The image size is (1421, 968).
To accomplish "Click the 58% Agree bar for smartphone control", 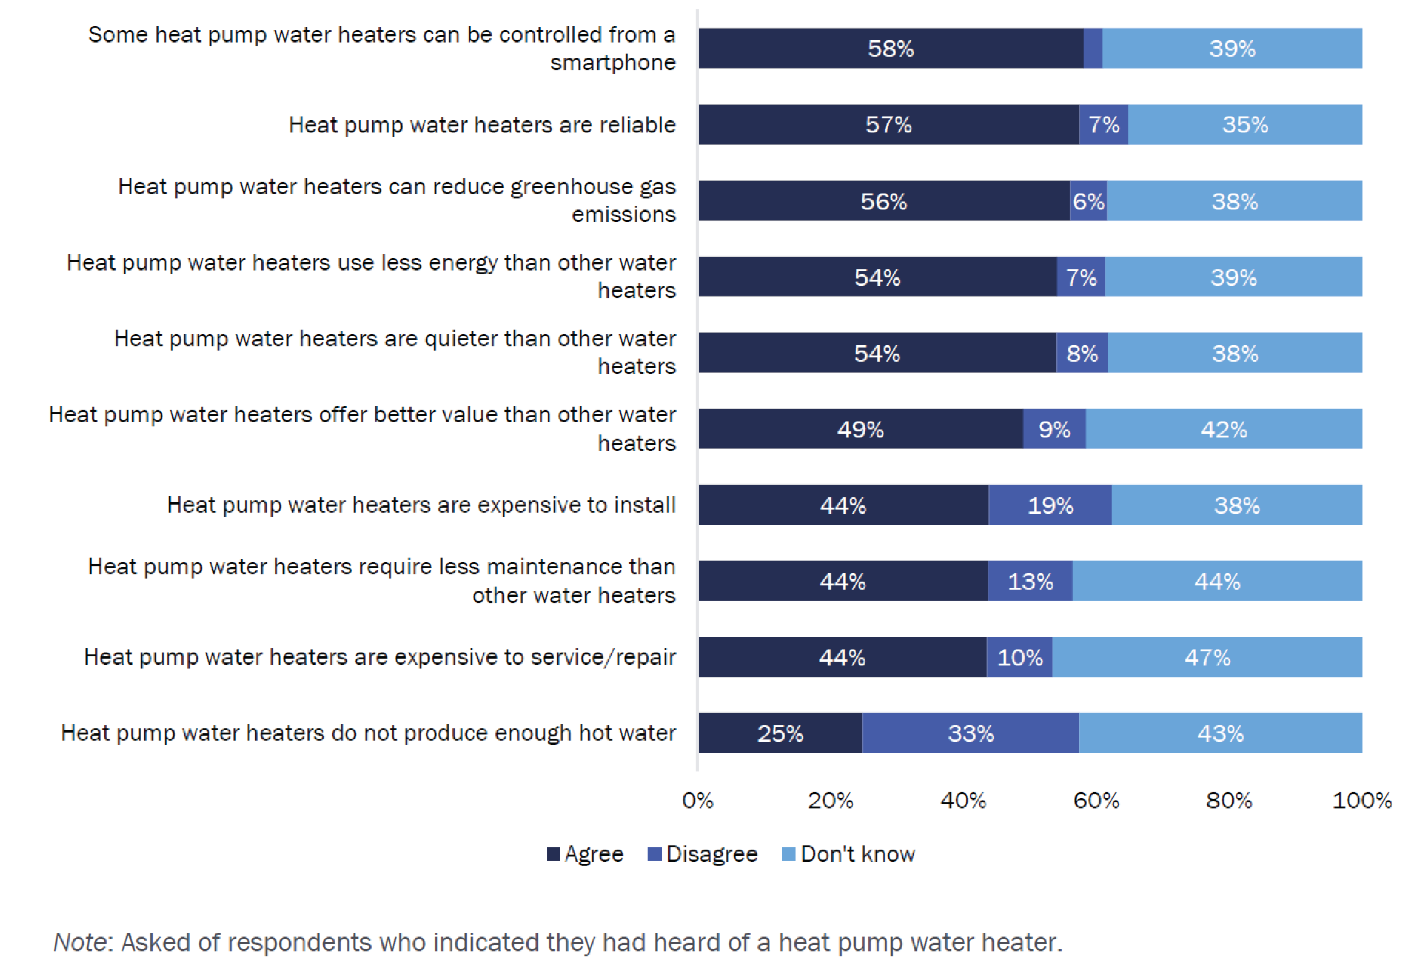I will click(x=890, y=48).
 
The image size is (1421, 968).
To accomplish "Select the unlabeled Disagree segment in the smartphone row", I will click(x=1093, y=48).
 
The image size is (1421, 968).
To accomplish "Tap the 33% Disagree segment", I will click(x=971, y=733).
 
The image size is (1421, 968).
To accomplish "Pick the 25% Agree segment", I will click(x=780, y=733).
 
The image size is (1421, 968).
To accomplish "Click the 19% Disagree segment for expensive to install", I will click(x=1050, y=505).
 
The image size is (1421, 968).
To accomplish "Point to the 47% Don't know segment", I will click(x=1207, y=657).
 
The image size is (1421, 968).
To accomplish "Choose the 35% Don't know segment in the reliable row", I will click(x=1245, y=124).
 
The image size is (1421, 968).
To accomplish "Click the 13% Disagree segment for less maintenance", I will click(x=1030, y=581).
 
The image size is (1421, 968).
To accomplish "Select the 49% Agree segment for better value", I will click(x=860, y=429).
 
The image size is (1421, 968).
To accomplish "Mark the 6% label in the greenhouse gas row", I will click(x=1088, y=201).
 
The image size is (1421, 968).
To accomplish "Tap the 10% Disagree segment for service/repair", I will click(x=1020, y=657).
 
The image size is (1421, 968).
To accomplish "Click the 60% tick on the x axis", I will click(x=1096, y=800).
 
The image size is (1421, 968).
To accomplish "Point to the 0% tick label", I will click(x=698, y=800).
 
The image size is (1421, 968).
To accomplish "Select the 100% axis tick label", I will click(x=1362, y=800).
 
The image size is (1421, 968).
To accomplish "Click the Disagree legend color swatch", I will click(x=654, y=854).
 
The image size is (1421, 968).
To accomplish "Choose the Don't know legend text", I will click(x=858, y=854).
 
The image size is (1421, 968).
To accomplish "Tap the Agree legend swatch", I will click(x=553, y=854).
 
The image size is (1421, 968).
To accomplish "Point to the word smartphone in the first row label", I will click(x=613, y=62).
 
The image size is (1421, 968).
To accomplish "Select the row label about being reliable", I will click(x=482, y=124).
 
